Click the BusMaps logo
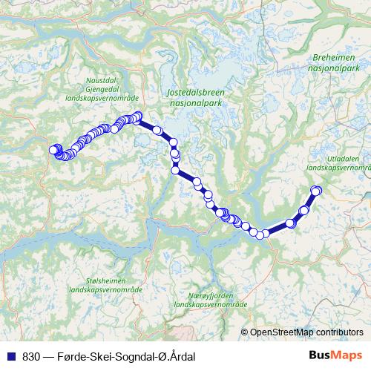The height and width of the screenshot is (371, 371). coord(335,356)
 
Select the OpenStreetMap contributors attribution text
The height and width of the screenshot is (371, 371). coord(306,332)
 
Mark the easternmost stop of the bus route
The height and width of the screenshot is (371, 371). coord(316,191)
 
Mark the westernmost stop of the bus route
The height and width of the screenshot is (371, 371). coord(53,151)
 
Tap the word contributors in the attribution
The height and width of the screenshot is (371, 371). coord(338,332)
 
